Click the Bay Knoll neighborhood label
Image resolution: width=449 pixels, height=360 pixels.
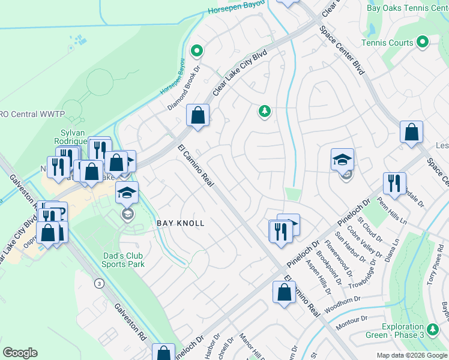tap(181, 223)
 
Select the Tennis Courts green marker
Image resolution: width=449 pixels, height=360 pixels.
tap(423, 42)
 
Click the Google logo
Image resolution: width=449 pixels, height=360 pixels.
tap(20, 353)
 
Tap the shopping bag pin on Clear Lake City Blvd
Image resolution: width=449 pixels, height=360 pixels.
tap(197, 115)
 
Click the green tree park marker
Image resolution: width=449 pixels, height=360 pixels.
tap(264, 111)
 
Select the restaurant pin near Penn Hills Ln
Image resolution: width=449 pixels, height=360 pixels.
tap(394, 184)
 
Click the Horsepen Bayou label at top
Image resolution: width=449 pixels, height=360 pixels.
tap(237, 8)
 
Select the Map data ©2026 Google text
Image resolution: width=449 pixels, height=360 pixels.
tap(412, 355)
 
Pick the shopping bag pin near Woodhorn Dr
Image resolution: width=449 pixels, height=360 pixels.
tap(285, 293)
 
